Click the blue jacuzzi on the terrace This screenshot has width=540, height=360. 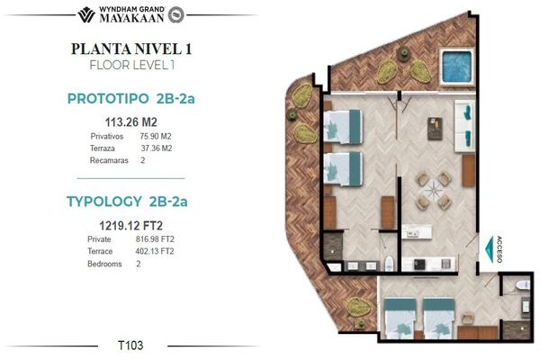pyautogui.click(x=456, y=67)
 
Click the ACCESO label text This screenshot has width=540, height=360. pyautogui.click(x=499, y=249)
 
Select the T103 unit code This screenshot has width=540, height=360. pyautogui.click(x=130, y=346)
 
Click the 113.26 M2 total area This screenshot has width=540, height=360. pyautogui.click(x=130, y=122)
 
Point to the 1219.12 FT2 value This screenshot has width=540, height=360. pyautogui.click(x=130, y=226)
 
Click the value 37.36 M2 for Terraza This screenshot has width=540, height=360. pyautogui.click(x=157, y=148)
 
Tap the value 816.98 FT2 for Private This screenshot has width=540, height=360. pyautogui.click(x=155, y=239)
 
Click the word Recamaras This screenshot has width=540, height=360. pyautogui.click(x=109, y=160)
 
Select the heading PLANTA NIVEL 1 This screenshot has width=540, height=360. pyautogui.click(x=131, y=49)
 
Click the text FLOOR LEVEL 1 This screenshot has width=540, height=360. pyautogui.click(x=132, y=65)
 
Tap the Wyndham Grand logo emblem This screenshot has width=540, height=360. pyautogui.click(x=86, y=14)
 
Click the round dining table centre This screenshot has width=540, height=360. pyautogui.click(x=434, y=191)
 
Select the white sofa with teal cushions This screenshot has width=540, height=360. pyautogui.click(x=464, y=126)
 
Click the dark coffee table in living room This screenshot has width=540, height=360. pyautogui.click(x=435, y=129)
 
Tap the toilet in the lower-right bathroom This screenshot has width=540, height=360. pyautogui.click(x=523, y=285)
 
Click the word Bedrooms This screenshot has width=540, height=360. pyautogui.click(x=104, y=264)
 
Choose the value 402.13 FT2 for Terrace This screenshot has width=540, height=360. pyautogui.click(x=155, y=251)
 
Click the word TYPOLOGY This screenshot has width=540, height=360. pyautogui.click(x=104, y=202)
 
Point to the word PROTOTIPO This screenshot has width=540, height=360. pyautogui.click(x=108, y=99)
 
